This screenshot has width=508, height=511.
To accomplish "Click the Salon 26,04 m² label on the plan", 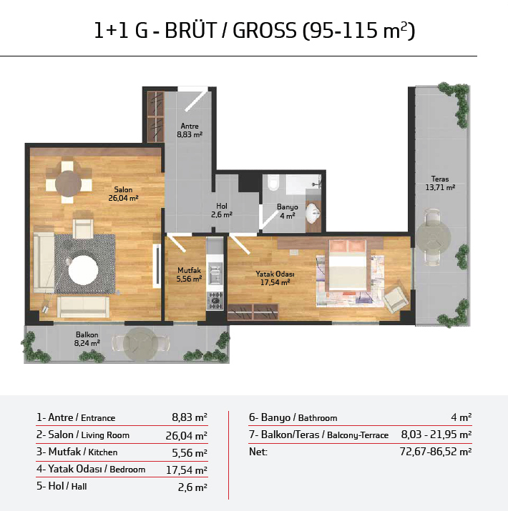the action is pyautogui.click(x=123, y=194).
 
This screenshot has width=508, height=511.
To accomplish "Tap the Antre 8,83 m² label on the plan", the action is pyautogui.click(x=190, y=130).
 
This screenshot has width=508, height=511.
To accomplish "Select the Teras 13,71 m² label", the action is pyautogui.click(x=440, y=183).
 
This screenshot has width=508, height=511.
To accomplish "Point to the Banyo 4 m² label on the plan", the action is pyautogui.click(x=288, y=211).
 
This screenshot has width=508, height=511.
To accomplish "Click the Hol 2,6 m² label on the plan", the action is pyautogui.click(x=222, y=210).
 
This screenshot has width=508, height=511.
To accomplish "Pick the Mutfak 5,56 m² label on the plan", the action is pyautogui.click(x=189, y=274).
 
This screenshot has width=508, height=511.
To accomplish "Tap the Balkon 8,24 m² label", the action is pyautogui.click(x=87, y=339).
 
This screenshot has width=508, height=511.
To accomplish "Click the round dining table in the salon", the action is pyautogui.click(x=68, y=184).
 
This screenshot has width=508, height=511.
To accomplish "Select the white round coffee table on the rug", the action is pyautogui.click(x=83, y=270).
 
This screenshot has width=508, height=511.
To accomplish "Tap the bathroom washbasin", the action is pyautogui.click(x=313, y=214).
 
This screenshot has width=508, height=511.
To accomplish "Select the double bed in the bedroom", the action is pyautogui.click(x=347, y=265).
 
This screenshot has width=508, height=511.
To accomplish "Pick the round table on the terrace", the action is pyautogui.click(x=433, y=237).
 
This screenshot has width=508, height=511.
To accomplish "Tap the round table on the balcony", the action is pyautogui.click(x=141, y=344).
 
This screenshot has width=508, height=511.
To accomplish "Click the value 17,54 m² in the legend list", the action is pyautogui.click(x=186, y=470).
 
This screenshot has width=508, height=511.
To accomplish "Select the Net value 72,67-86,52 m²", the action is pyautogui.click(x=436, y=452).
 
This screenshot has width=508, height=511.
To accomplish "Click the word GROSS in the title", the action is pyautogui.click(x=265, y=31).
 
